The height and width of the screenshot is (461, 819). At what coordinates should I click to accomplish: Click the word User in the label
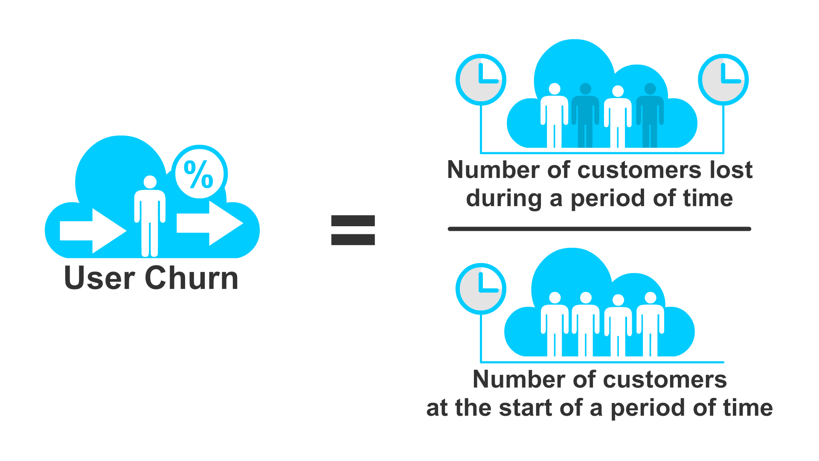[99, 278]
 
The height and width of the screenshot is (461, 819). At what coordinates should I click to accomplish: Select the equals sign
[353, 230]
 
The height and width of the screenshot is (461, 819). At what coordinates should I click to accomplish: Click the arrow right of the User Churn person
[209, 223]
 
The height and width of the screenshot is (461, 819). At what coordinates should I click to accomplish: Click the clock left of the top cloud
[481, 80]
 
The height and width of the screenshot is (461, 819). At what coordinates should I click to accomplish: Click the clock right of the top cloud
[723, 80]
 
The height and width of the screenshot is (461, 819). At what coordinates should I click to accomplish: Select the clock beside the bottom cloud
[481, 289]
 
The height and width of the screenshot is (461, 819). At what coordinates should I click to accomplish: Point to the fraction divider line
[599, 229]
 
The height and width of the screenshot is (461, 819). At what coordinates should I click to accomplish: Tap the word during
[504, 199]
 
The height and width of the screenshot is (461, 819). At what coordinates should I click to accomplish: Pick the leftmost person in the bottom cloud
[554, 324]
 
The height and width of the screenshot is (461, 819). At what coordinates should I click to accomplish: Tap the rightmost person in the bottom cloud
[650, 324]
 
